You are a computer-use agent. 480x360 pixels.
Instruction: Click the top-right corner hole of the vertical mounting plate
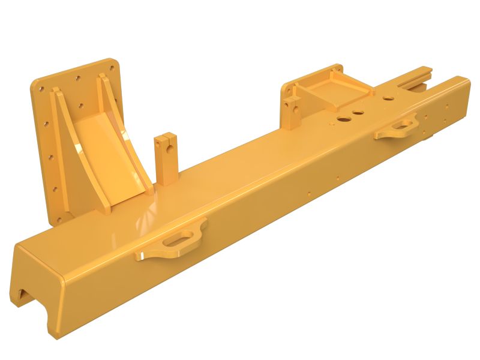click(x=111, y=62)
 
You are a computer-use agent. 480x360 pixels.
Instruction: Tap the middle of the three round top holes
click(x=359, y=112)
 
